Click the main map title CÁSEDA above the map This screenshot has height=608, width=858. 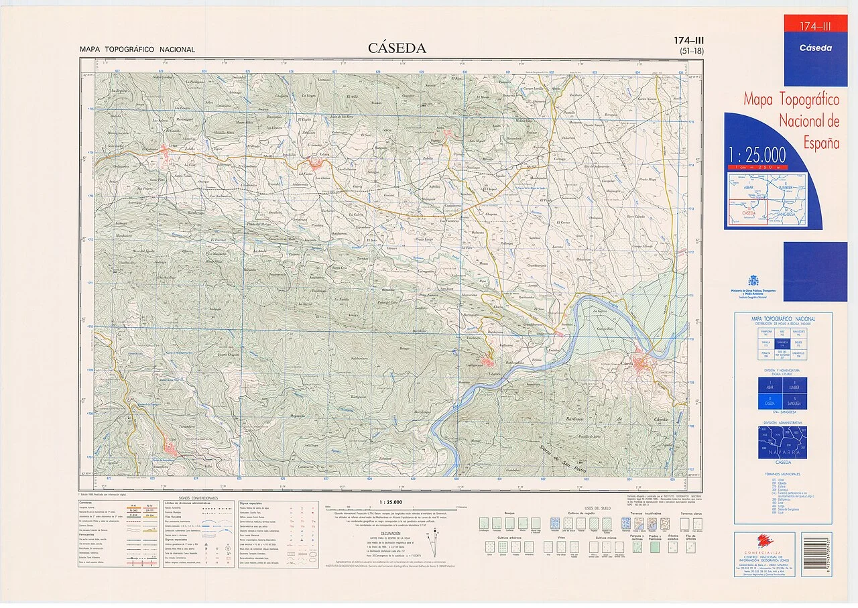click(397, 48)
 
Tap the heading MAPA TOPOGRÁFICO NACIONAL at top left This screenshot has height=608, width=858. click(137, 50)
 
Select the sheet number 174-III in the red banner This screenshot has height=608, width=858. click(815, 27)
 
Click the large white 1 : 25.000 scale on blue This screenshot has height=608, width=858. click(757, 156)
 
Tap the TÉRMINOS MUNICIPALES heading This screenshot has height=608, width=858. click(782, 474)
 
